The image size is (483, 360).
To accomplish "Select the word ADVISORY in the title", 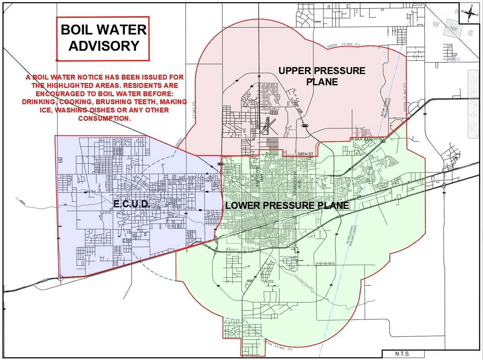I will pyautogui.click(x=103, y=46).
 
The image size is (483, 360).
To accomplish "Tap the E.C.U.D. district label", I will pyautogui.click(x=132, y=204).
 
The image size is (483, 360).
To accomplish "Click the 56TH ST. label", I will pyautogui.click(x=305, y=154).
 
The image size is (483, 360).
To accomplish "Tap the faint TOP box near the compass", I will pyautogui.click(x=454, y=29).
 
